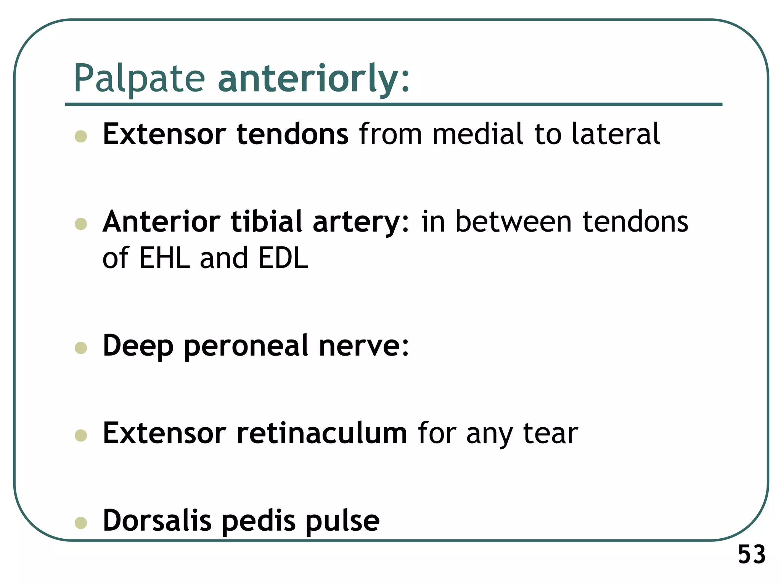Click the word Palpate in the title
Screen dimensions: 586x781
[139, 79]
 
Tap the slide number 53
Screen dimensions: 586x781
[752, 554]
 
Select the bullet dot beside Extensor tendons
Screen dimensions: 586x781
[81, 136]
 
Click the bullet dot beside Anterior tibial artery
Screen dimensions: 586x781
[81, 224]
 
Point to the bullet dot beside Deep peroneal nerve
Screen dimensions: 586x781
[81, 348]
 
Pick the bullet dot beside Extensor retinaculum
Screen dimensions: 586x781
[81, 435]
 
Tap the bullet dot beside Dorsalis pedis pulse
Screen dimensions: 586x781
[81, 523]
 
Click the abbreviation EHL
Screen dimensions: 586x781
[164, 258]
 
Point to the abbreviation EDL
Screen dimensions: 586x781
[283, 258]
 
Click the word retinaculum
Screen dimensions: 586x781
[321, 433]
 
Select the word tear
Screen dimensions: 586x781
[550, 433]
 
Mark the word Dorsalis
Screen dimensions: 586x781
[157, 521]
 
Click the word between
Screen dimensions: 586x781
[513, 222]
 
